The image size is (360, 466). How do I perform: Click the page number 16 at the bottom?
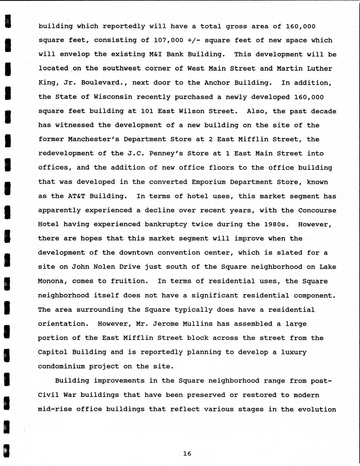click(187, 454)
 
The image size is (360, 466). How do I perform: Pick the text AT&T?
click(76, 196)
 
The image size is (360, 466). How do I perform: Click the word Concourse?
click(317, 210)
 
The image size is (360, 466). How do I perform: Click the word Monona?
click(51, 281)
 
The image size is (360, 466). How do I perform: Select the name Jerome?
click(166, 323)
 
